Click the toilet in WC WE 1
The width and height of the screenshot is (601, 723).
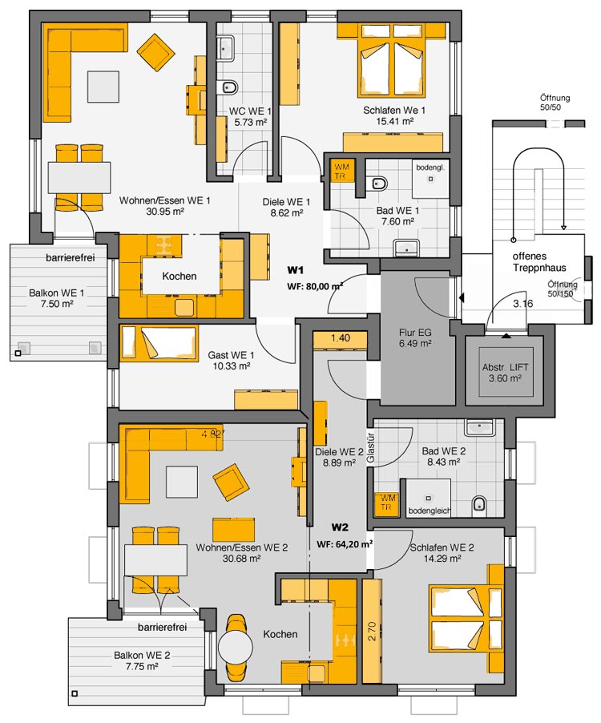[229, 87]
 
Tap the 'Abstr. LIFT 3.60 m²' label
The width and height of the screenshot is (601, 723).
[505, 373]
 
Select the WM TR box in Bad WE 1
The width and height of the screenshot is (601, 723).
[341, 171]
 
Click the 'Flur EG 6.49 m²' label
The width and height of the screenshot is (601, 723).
[415, 338]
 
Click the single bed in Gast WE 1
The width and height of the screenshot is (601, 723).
[159, 342]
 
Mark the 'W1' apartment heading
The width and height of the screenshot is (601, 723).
[295, 269]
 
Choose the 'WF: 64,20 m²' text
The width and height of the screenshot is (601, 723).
[345, 544]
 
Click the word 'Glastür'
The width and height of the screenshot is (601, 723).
[370, 448]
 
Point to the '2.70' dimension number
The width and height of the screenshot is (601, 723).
[373, 631]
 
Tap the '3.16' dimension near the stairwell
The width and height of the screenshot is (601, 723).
[523, 304]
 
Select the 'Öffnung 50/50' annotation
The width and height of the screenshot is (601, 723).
[555, 103]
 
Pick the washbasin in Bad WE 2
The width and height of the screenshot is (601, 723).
[479, 428]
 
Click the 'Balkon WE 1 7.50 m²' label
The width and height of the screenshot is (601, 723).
[56, 298]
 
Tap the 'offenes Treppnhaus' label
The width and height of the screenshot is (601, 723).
[539, 262]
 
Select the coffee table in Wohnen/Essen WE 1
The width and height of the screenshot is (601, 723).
[103, 87]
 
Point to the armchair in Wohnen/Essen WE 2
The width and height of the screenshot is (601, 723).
[231, 483]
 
